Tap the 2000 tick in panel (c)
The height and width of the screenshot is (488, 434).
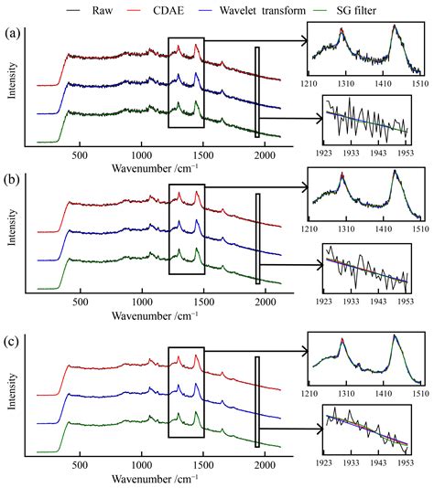tap(265, 463)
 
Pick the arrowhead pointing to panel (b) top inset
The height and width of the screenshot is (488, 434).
tap(305, 192)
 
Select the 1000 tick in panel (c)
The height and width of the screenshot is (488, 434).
tap(142, 463)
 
